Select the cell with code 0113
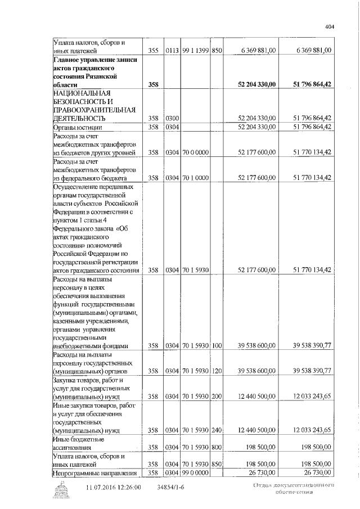tap(172, 51)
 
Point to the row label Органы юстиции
tap(76, 127)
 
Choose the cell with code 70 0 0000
tap(195, 152)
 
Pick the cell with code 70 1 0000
tap(195, 178)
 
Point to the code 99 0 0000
tap(195, 472)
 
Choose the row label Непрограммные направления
tap(95, 472)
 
